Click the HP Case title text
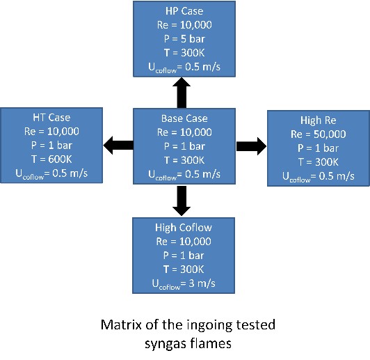184,11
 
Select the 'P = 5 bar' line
184,39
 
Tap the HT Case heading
51,118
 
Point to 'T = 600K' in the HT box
51,159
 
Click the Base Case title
184,118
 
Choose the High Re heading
319,120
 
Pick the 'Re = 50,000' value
319,134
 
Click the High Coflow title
184,228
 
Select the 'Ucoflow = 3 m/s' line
184,283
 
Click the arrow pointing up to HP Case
182,93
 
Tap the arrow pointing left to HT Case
118,146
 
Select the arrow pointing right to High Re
252,146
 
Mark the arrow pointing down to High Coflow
182,201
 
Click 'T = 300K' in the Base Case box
184,160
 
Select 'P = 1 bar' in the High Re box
319,148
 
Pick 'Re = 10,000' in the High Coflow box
184,242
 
